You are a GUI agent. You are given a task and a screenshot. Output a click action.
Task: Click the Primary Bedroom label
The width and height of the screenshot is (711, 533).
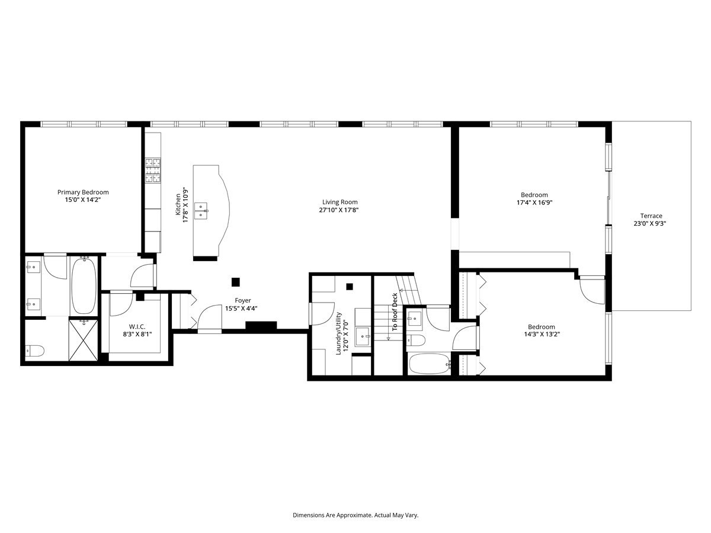tap(83, 192)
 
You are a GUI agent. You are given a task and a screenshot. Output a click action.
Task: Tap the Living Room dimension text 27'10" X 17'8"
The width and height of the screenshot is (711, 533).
tap(339, 210)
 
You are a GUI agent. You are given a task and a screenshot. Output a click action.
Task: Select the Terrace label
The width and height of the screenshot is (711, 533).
tap(651, 216)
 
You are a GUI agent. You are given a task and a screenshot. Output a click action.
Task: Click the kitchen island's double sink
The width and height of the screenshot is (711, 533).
tap(201, 210)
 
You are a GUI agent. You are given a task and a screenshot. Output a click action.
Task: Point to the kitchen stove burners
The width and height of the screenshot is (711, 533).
tap(153, 170)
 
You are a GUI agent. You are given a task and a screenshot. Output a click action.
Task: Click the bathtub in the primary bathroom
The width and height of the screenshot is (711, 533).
tap(84, 286)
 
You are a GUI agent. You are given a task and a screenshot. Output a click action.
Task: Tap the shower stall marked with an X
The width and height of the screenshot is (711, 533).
tap(84, 340)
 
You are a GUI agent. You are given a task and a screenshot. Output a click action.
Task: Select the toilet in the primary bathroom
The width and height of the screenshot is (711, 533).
tap(34, 351)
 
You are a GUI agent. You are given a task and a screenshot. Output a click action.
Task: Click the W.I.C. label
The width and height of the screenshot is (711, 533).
tap(137, 326)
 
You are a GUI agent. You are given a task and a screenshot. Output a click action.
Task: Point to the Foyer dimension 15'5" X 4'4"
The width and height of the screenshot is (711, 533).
tap(241, 309)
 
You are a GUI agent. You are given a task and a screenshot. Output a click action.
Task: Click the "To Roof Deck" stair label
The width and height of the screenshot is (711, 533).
tap(395, 312)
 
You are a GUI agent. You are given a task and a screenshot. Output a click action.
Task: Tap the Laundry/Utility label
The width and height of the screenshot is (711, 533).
tap(338, 333)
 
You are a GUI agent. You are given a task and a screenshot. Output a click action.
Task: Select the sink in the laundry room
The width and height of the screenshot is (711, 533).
tap(363, 336)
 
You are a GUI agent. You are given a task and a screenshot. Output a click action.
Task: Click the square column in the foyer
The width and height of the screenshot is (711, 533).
tap(235, 282)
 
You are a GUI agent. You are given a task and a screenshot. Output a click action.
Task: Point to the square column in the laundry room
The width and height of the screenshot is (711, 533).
tap(350, 287)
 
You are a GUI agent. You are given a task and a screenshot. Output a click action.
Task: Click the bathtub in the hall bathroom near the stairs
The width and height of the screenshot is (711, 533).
tap(430, 364)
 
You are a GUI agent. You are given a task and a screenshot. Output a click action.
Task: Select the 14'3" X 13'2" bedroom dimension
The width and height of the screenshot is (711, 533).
tap(542, 334)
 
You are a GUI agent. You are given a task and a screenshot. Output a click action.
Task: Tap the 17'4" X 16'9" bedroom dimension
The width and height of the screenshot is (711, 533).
tap(534, 203)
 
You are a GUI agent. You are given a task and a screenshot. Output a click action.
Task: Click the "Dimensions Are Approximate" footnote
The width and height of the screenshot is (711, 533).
tap(355, 515)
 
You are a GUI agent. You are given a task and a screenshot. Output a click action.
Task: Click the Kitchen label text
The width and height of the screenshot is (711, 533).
tap(178, 204)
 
